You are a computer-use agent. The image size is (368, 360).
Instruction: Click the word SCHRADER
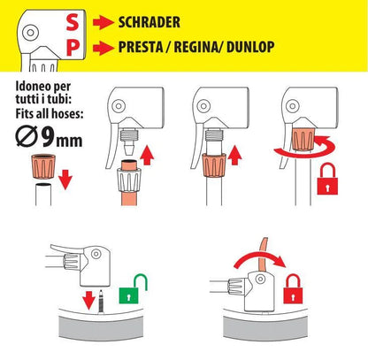point(149,22)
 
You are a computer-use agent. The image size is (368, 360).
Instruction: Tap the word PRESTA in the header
point(141,47)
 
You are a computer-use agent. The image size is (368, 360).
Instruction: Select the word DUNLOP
point(250,47)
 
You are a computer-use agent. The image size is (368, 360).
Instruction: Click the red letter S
point(73,22)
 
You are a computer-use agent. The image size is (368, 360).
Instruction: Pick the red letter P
point(73,48)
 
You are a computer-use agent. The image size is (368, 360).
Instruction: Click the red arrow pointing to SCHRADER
point(103,22)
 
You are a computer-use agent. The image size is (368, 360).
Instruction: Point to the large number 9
point(48,137)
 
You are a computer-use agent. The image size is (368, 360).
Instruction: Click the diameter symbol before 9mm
point(27,136)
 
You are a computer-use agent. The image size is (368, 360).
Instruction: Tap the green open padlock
point(133,289)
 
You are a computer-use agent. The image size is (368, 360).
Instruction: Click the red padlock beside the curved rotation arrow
point(327,179)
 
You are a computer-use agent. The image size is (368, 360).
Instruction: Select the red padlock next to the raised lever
point(293,289)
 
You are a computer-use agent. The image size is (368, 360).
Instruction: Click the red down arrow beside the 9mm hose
point(65,180)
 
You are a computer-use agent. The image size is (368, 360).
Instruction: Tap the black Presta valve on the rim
point(101,301)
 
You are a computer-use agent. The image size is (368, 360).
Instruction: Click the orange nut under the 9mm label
point(43,166)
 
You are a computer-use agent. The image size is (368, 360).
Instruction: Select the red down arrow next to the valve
point(88,300)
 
